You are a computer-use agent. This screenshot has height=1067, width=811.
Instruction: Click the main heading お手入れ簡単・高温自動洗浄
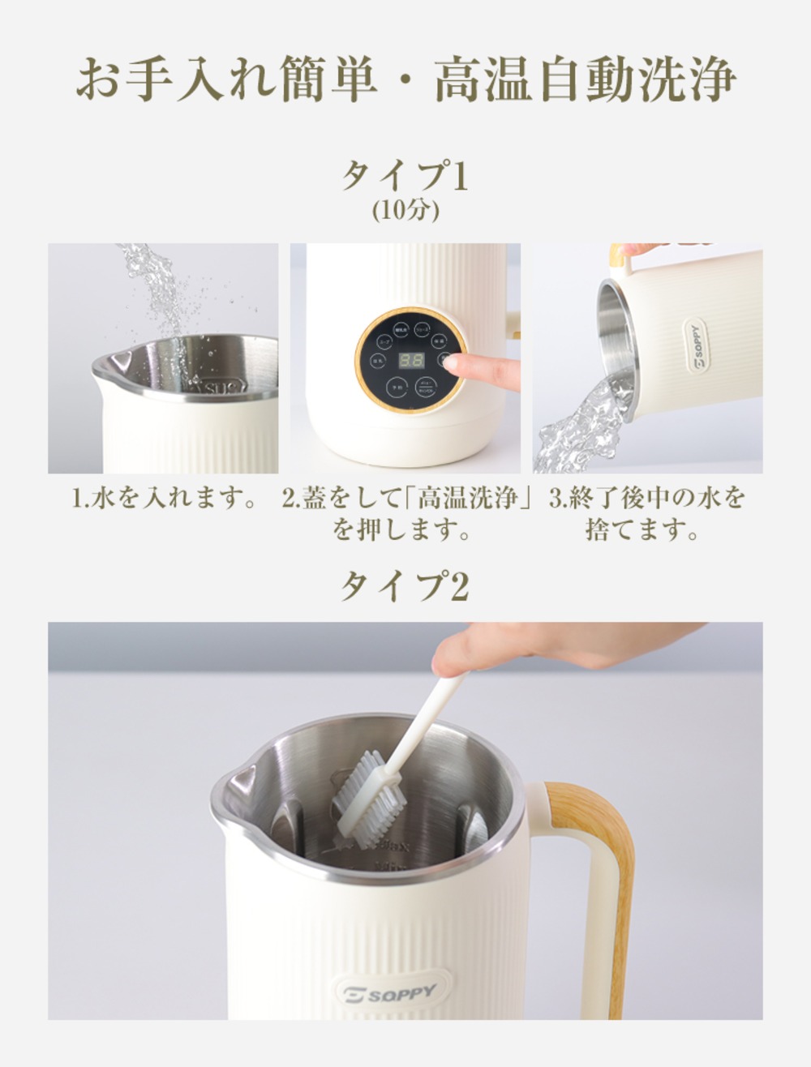(x=405, y=79)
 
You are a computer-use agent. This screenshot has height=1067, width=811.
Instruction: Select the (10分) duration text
(x=405, y=211)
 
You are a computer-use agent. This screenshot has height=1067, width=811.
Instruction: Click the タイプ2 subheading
(x=405, y=585)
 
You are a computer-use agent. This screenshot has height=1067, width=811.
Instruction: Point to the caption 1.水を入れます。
(x=165, y=498)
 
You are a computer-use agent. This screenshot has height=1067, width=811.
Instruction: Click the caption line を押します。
(x=403, y=530)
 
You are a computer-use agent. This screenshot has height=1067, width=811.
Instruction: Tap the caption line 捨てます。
(x=643, y=530)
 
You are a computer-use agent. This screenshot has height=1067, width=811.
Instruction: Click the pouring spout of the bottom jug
(x=238, y=782)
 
